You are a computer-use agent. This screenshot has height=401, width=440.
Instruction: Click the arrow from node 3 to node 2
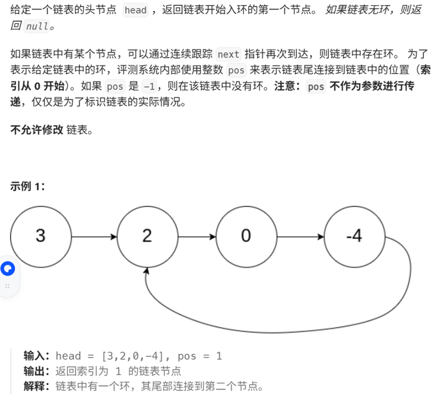[94, 236]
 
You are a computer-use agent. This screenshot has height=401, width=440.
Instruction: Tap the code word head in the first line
[136, 10]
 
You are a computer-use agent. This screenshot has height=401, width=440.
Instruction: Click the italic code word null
[36, 26]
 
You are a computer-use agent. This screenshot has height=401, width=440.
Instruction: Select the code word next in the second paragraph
[228, 54]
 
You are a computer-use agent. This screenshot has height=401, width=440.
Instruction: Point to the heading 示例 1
[27, 187]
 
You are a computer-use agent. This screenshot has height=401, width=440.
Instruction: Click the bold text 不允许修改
[36, 130]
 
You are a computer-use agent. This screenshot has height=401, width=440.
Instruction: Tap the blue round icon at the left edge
[8, 269]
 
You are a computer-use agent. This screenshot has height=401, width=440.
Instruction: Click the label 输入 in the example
[36, 356]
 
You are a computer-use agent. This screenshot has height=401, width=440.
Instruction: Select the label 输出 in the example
[36, 371]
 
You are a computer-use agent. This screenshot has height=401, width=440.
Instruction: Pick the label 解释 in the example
[36, 386]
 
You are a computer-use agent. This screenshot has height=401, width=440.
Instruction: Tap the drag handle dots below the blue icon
[8, 286]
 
